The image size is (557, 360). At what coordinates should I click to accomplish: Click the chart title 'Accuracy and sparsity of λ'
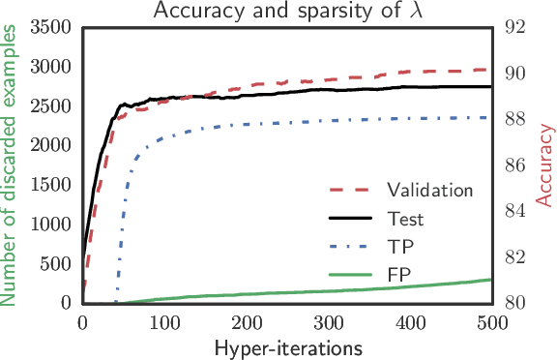[x=286, y=11]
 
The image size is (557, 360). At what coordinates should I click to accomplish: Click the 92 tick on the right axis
[x=514, y=27]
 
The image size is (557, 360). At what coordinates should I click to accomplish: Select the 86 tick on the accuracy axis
[x=514, y=165]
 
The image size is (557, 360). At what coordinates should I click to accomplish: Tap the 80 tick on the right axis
[x=514, y=303]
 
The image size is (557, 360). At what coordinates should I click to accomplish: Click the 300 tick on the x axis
[x=328, y=321]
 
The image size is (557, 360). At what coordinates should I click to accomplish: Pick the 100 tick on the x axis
[x=164, y=321]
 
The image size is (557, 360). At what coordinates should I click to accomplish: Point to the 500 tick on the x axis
[x=491, y=321]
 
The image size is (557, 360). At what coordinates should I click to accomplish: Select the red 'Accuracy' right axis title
[x=545, y=165]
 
